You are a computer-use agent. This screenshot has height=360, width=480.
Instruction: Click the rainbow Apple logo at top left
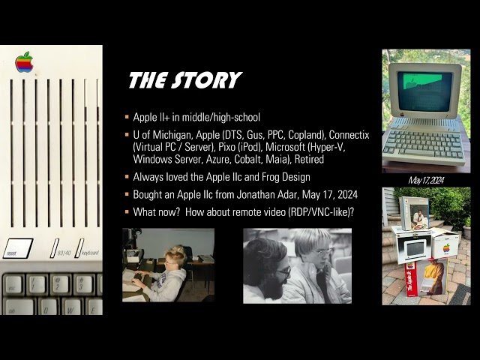[x=24, y=62]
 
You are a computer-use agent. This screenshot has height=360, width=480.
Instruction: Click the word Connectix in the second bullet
[x=343, y=135]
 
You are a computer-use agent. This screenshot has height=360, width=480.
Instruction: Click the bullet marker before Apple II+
[x=127, y=118]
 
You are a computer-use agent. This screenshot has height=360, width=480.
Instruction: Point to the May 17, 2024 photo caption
[x=426, y=180]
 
